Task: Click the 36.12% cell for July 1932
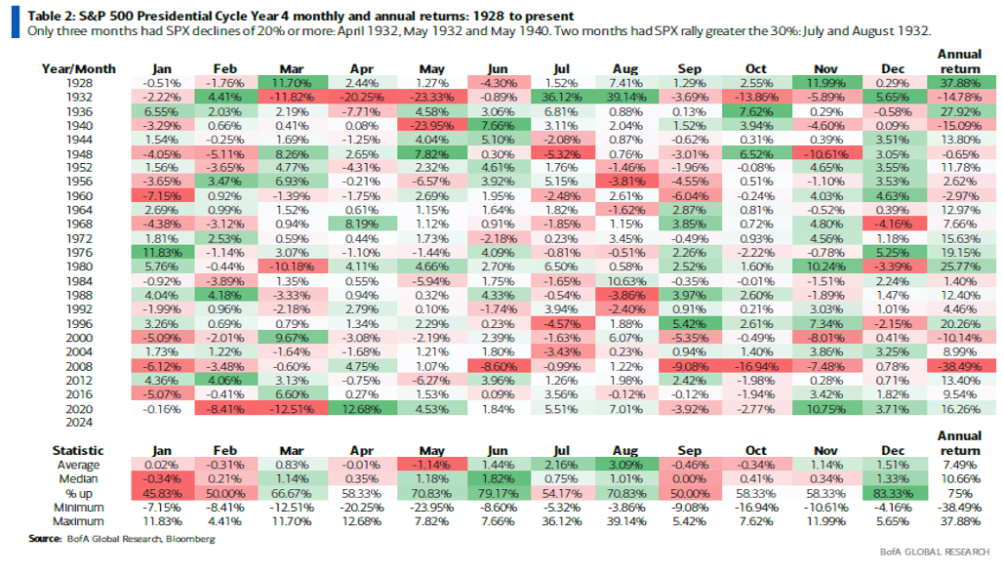[559, 98]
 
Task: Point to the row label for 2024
[67, 423]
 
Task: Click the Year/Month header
[79, 68]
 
